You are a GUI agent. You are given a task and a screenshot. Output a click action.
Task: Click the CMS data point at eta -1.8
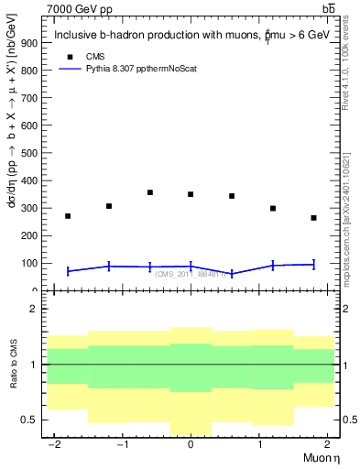pos(68,216)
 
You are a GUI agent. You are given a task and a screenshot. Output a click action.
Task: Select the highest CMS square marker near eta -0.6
pos(149,192)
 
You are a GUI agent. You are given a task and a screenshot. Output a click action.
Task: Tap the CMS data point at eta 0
pos(191,194)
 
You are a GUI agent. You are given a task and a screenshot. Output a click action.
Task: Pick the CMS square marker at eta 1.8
pos(313,218)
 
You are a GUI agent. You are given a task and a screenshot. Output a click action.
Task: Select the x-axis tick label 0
pos(191,444)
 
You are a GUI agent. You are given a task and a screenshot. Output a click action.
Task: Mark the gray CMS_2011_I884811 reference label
pos(190,274)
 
